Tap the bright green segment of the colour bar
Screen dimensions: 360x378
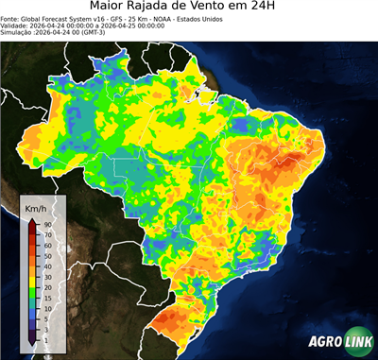(32, 285)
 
